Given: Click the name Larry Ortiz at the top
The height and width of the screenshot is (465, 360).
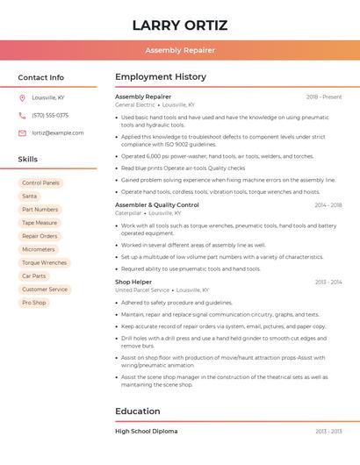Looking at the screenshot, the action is pos(179,25).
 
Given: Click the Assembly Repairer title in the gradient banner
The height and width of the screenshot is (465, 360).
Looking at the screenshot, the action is pos(179,50).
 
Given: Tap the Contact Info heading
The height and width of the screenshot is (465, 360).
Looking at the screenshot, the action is pos(41,77).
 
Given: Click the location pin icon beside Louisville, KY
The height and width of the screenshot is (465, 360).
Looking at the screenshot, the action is pos(22,97).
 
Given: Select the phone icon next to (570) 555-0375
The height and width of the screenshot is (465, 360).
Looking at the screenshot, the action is pos(22,115).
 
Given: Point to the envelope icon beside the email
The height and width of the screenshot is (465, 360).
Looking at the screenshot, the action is pos(22,132).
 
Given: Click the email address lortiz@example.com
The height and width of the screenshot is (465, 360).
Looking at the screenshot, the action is pos(58,132).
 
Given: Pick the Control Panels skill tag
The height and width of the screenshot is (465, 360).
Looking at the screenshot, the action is pos(40,182).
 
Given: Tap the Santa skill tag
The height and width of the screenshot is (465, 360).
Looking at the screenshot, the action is pos(30,196).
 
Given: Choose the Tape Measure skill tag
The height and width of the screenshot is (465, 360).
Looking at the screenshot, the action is pos(40,223).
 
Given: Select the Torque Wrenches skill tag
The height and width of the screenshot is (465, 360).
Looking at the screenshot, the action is pos(44,262).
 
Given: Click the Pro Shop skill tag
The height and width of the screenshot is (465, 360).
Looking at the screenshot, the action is pos(34,303).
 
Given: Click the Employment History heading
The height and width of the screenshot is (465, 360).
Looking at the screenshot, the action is pos(161,77).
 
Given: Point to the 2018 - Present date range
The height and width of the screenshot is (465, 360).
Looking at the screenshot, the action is pos(324,97).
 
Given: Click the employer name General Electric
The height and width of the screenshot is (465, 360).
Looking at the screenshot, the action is pos(135,104).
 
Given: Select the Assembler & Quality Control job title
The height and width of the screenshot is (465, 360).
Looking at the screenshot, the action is pos(157,204).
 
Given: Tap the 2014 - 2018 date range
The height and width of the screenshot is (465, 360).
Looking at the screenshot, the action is pos(328,205).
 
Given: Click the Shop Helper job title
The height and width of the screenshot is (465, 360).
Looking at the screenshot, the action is pos(133,282).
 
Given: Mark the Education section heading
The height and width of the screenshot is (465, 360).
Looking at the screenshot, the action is pos(138,411).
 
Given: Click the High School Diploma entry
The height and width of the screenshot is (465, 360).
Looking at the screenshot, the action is pos(146,431).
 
